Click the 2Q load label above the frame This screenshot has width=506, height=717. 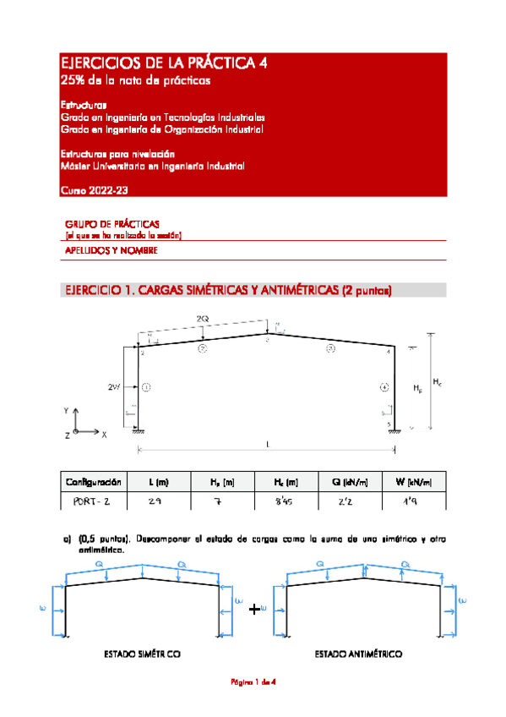coord(203,318)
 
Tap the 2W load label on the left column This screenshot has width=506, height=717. coord(114,386)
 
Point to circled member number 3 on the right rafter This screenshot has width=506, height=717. coord(330,348)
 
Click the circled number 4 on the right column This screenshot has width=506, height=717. coord(384,387)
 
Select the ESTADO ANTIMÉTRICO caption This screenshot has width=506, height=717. coord(357,654)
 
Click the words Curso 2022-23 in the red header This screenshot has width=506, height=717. coord(95,193)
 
